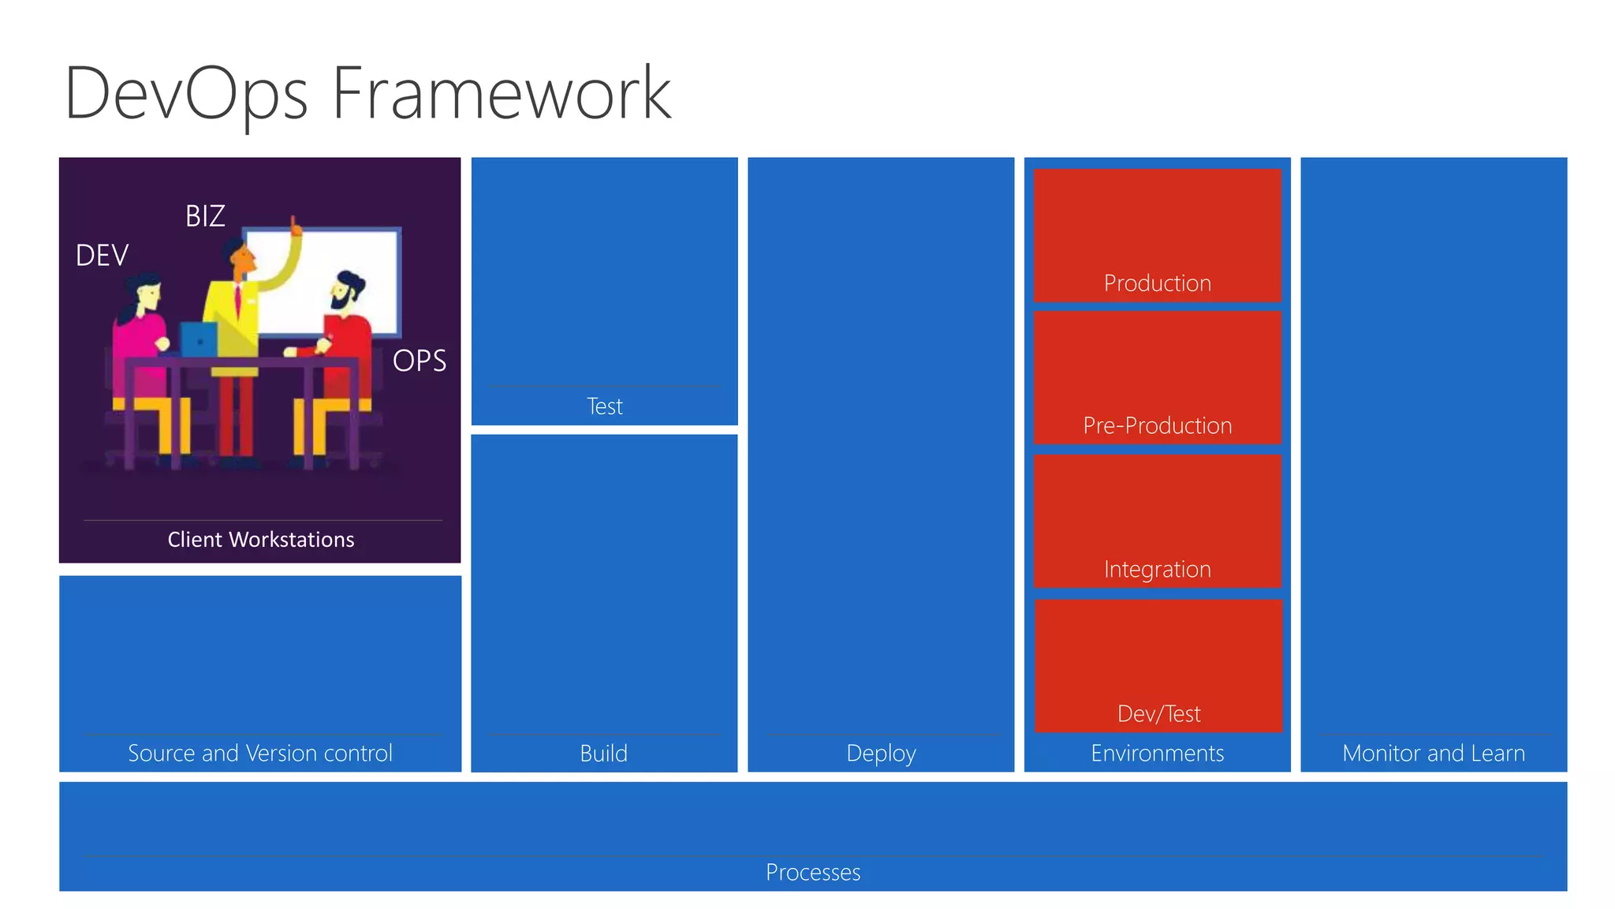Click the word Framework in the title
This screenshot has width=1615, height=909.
tap(502, 93)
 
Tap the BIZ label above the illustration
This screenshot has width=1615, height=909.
tap(205, 216)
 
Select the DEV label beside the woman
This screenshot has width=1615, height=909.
tap(102, 256)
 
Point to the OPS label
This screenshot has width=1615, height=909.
tap(420, 361)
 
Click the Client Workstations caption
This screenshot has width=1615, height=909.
tap(260, 540)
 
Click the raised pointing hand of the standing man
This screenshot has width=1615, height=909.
tap(296, 227)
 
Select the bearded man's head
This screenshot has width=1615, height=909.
tap(345, 290)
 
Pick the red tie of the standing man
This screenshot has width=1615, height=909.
tap(237, 301)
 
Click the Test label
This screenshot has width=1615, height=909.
tap(605, 406)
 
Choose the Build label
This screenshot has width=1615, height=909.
tap(603, 754)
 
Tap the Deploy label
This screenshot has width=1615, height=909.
tap(881, 754)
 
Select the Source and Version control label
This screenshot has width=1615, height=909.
tap(260, 754)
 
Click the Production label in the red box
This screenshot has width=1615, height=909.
tap(1157, 283)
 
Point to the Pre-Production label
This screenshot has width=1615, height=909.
tap(1157, 426)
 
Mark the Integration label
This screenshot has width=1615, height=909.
tap(1157, 570)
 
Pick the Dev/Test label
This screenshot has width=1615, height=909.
tap(1158, 714)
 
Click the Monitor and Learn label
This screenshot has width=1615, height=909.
tap(1433, 754)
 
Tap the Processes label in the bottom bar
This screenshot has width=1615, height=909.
tap(813, 873)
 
